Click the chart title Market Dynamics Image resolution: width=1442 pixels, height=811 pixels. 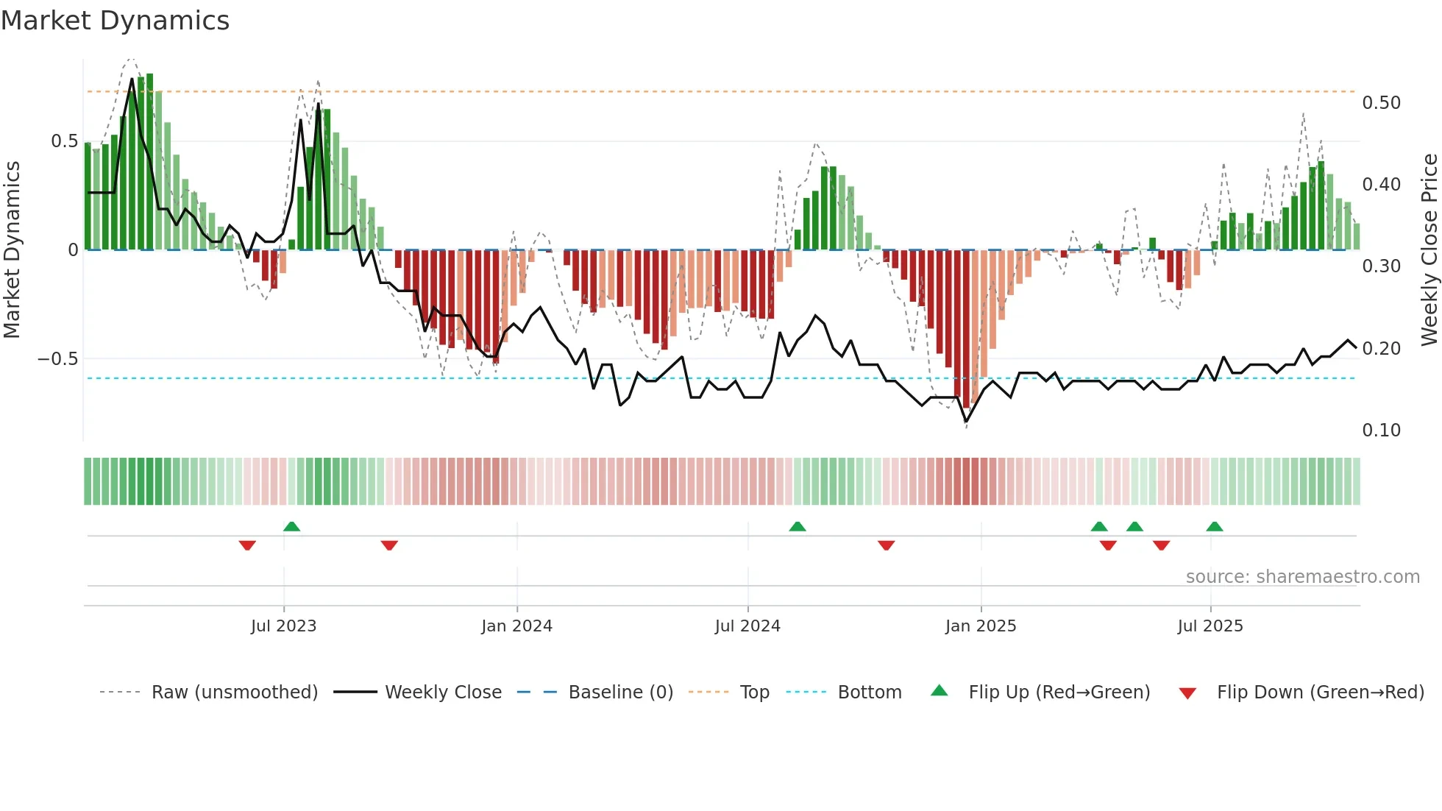(x=116, y=21)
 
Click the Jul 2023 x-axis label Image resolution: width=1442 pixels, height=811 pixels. (x=283, y=626)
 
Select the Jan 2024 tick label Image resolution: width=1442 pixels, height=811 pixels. (x=516, y=626)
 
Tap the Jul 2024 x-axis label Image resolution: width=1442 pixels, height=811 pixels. (x=747, y=626)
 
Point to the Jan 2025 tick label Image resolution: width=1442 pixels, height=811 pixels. (x=981, y=626)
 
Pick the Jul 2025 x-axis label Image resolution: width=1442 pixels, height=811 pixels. (x=1210, y=626)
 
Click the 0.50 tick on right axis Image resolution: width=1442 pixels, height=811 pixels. (x=1381, y=103)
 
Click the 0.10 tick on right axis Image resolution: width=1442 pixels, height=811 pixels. (x=1381, y=431)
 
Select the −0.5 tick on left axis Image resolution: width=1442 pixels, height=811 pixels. (x=57, y=359)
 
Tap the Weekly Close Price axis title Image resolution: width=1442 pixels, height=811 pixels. (x=1429, y=250)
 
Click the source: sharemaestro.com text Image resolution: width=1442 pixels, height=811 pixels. (x=1302, y=577)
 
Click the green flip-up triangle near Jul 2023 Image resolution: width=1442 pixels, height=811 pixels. (x=292, y=526)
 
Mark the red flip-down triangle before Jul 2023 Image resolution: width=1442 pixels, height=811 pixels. (x=247, y=545)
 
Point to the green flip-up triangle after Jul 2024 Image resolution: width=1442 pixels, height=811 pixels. (x=798, y=526)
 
